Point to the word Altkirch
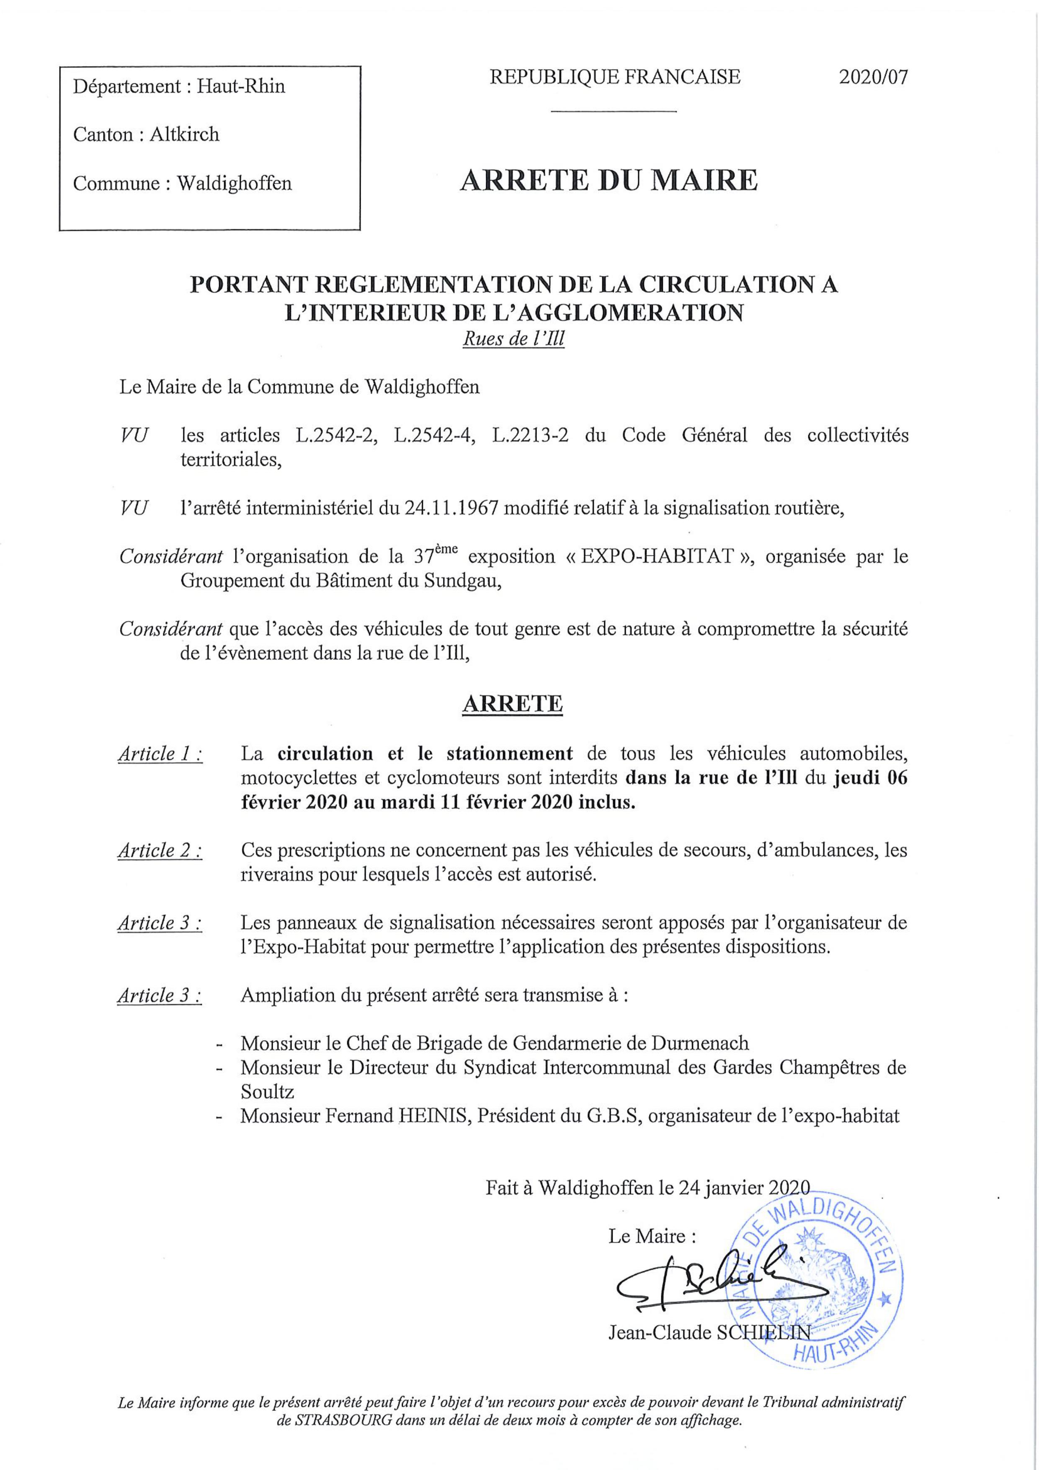tap(184, 134)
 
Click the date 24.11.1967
tap(453, 508)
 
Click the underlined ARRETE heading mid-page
tap(512, 704)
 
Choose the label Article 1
tap(160, 754)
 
